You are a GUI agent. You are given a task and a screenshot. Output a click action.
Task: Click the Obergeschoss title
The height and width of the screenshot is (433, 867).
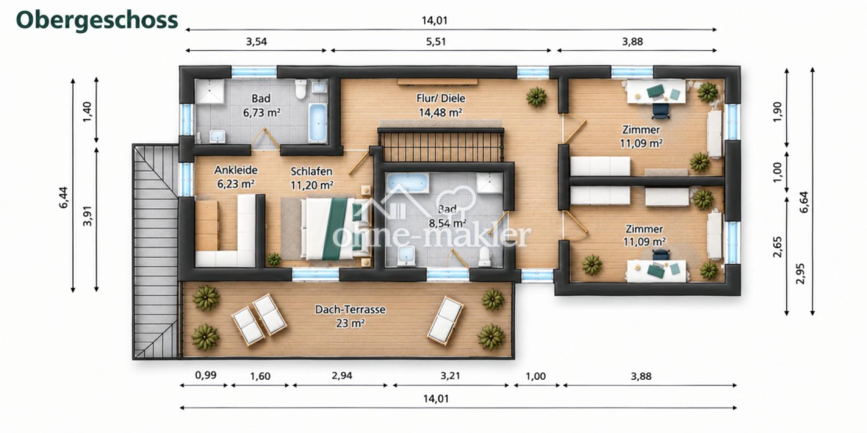(x=97, y=20)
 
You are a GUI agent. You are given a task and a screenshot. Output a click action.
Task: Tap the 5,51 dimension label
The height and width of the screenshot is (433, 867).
(x=436, y=41)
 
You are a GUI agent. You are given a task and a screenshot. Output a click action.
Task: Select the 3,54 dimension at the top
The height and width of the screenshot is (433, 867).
(x=256, y=41)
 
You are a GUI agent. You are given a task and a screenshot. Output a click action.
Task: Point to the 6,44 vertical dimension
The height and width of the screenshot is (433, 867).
(x=64, y=198)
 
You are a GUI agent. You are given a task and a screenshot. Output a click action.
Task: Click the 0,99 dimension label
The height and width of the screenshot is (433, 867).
(x=206, y=375)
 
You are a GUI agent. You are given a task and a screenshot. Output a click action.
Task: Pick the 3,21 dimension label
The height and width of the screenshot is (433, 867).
(x=450, y=376)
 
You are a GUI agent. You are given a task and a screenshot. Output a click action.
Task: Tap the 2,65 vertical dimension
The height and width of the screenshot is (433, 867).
(x=777, y=247)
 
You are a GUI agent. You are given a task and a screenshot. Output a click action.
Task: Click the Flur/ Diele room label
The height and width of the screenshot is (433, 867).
(x=440, y=98)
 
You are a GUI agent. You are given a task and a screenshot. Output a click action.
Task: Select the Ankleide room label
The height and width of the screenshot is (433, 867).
(x=236, y=170)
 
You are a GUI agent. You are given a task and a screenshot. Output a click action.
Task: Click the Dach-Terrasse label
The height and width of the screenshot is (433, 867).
(x=350, y=309)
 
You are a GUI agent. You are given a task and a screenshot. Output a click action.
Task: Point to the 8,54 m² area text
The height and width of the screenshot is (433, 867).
(x=447, y=223)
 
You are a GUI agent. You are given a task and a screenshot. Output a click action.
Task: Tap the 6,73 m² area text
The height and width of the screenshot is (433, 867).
(x=261, y=113)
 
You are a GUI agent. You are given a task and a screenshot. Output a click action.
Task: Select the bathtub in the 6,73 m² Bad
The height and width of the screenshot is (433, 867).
(x=318, y=122)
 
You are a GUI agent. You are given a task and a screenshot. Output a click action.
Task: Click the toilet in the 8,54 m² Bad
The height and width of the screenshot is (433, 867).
(x=484, y=257)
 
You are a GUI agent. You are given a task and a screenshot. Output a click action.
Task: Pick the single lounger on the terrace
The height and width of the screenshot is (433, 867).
(x=446, y=320)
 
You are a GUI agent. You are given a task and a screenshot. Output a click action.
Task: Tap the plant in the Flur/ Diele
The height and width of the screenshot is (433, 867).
(x=536, y=97)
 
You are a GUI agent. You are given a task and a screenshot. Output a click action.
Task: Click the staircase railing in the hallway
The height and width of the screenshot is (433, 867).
(x=441, y=145)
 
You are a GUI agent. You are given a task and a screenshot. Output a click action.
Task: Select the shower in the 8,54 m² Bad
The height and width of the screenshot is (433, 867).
(x=489, y=183)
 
